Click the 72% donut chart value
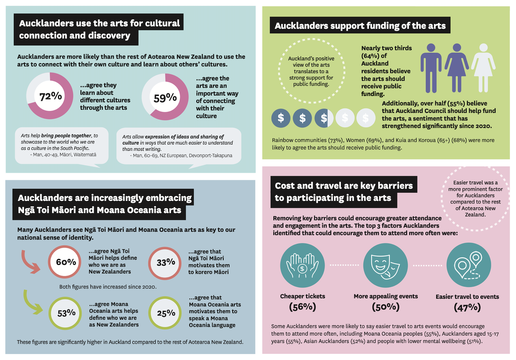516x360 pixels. coord(51,96)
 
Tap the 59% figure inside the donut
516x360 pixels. coord(165,98)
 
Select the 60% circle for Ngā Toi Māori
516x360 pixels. coord(65,262)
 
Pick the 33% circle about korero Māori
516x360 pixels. coord(165,263)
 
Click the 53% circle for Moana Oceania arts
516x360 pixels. coord(65,313)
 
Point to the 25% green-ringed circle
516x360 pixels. coord(165,313)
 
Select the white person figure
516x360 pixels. coord(483,68)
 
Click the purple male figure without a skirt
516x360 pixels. coord(431,68)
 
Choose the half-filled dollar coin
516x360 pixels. coord(324,118)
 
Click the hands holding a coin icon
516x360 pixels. coord(302,265)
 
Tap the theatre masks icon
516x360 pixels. coord(385,265)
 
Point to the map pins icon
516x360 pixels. coord(469,265)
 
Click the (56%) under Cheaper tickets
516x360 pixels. coord(303,307)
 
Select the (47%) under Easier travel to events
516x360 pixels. coord(467,307)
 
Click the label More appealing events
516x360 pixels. coord(386,296)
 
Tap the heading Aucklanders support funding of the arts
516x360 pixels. coord(360,25)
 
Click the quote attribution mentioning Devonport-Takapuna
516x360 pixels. coord(181,156)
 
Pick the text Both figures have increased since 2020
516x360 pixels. coord(108,287)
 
